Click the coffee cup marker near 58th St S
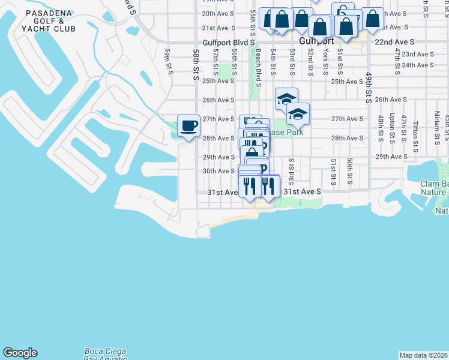tap(188, 126)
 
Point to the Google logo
tap(20, 353)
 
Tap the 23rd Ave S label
tap(418, 54)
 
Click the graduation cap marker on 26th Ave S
tap(286, 98)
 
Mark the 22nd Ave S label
tap(394, 43)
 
